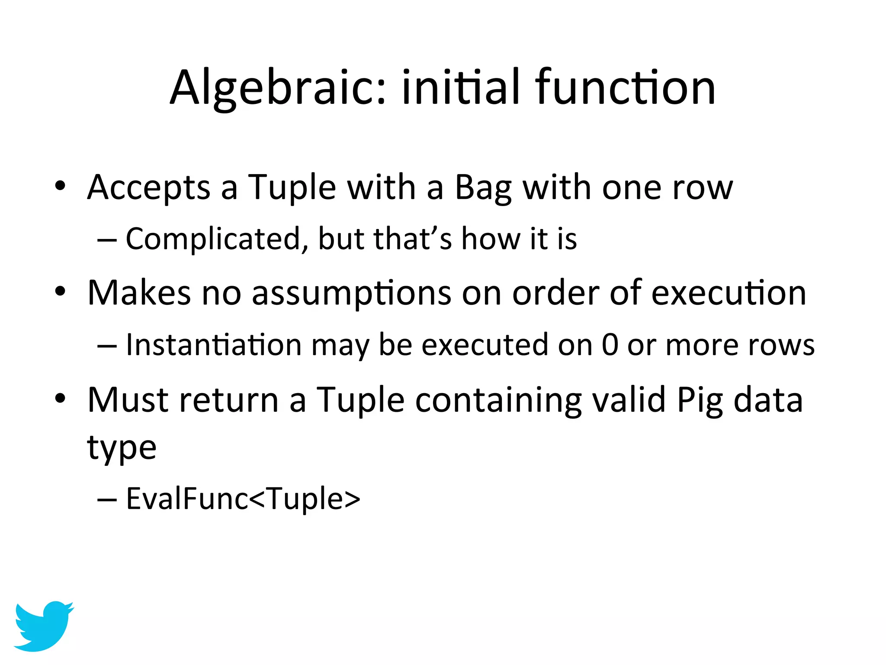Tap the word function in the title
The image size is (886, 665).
pyautogui.click(x=625, y=88)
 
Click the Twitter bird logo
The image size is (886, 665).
pyautogui.click(x=44, y=626)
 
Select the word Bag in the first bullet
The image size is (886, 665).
pyautogui.click(x=483, y=187)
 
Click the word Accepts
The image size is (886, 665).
pyautogui.click(x=149, y=187)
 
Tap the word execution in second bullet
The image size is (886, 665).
pyautogui.click(x=729, y=293)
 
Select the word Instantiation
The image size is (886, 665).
pyautogui.click(x=214, y=345)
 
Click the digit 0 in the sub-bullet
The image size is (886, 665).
pyautogui.click(x=610, y=345)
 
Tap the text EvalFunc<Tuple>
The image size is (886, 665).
pyautogui.click(x=243, y=499)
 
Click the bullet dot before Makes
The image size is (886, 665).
pyautogui.click(x=60, y=291)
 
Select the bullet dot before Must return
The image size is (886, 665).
pyautogui.click(x=60, y=398)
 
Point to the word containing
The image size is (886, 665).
pyautogui.click(x=498, y=400)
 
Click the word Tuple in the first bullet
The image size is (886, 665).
pyautogui.click(x=292, y=187)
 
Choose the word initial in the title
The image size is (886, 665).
pyautogui.click(x=460, y=88)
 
